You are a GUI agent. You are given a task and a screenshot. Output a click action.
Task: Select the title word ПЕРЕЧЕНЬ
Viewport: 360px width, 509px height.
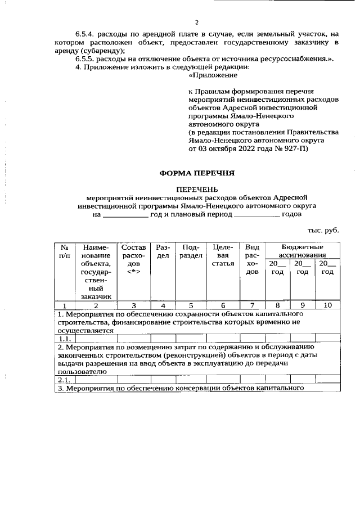[x=196, y=190]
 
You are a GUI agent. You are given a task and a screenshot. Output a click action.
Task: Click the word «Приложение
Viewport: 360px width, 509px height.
[x=213, y=74]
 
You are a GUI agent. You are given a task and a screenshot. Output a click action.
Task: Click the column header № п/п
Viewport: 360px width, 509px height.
[x=65, y=251]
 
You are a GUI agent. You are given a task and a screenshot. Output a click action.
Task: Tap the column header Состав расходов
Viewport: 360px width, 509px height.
[x=133, y=260]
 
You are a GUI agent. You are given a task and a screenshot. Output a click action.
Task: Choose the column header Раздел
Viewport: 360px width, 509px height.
[x=163, y=251]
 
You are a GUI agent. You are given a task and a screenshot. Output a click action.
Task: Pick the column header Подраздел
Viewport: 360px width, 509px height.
[x=191, y=251]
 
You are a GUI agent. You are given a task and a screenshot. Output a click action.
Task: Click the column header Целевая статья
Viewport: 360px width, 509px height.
[x=223, y=256]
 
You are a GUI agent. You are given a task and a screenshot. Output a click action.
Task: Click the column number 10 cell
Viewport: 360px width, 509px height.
[x=328, y=305]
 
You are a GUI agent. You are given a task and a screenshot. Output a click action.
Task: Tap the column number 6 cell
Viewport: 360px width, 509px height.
[x=223, y=305]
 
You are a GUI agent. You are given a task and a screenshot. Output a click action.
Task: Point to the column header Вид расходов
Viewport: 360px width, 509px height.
[x=253, y=260]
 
